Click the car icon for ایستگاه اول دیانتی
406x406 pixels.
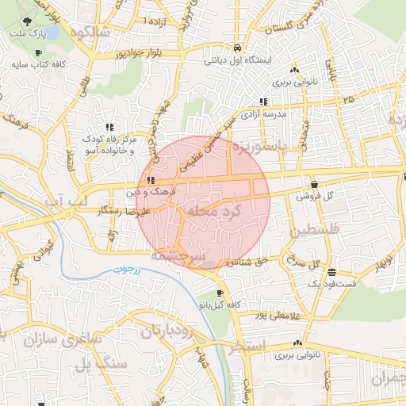[x=238, y=47]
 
